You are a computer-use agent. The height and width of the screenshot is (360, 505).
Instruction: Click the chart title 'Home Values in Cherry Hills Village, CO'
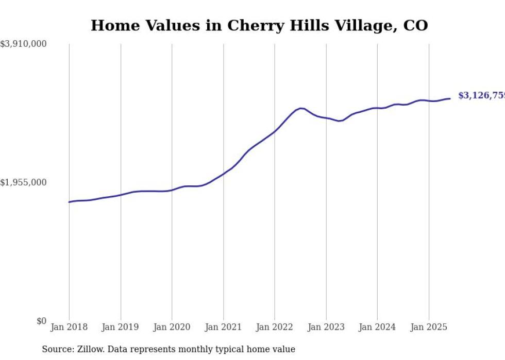pos(259,26)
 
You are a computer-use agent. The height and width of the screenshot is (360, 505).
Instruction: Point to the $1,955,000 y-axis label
pos(23,183)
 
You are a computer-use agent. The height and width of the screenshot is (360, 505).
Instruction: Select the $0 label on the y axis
pos(41,321)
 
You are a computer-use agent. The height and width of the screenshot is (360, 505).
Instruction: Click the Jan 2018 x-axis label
pos(69,328)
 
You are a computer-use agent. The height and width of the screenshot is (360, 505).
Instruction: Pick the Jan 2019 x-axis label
pos(121,328)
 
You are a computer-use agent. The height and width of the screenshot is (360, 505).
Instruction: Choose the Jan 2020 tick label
pos(172,328)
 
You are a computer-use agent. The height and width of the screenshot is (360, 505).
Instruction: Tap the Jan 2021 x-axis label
pos(223,328)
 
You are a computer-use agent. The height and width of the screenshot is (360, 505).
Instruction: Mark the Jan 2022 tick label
pos(275,328)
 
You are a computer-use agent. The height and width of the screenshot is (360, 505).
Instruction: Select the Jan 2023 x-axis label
pos(326,328)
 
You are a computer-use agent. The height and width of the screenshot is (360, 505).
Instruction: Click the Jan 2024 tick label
pos(377,328)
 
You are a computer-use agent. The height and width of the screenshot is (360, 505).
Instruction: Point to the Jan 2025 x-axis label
pos(428,328)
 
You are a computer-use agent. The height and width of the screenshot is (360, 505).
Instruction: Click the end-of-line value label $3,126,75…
pos(481,96)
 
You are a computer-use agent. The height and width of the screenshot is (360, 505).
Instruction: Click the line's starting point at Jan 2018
pos(69,202)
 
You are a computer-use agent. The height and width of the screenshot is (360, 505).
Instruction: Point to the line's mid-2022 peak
pos(301,108)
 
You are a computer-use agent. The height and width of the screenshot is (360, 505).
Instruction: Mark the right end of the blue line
pos(450,98)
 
